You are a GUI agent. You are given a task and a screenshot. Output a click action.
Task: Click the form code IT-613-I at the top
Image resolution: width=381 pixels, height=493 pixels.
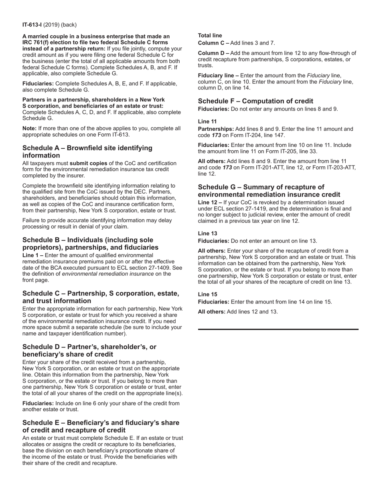(32, 25)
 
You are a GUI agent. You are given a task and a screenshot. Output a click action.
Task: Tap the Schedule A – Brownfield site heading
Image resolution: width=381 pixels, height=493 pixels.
(87, 152)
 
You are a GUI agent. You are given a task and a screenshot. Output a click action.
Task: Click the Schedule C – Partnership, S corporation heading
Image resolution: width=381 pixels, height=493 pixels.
(101, 297)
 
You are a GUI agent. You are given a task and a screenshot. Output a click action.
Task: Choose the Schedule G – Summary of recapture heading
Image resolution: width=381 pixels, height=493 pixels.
(269, 191)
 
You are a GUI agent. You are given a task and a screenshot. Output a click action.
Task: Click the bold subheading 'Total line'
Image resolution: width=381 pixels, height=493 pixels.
(210, 35)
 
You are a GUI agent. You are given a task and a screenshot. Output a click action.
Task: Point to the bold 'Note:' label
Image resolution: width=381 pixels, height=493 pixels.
(29, 128)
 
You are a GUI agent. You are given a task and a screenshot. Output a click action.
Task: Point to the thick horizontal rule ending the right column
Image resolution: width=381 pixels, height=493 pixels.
(278, 329)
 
